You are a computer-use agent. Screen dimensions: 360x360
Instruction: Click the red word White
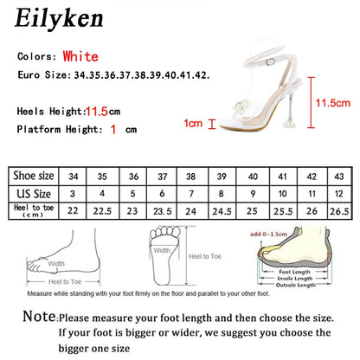click(x=103, y=56)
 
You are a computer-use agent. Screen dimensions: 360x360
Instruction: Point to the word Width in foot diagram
click(x=57, y=264)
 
